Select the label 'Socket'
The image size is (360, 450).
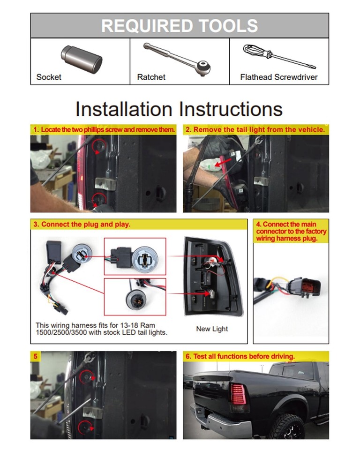click(49, 77)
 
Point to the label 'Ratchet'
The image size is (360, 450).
click(151, 77)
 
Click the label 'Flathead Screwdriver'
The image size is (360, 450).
click(278, 77)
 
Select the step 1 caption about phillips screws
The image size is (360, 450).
click(104, 129)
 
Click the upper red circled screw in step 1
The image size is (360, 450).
click(98, 147)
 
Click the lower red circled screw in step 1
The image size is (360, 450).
click(98, 199)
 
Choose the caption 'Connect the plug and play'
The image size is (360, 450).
click(82, 224)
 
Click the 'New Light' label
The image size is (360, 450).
click(212, 329)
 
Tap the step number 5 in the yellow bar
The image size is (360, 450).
click(35, 356)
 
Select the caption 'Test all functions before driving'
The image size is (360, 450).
click(240, 356)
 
